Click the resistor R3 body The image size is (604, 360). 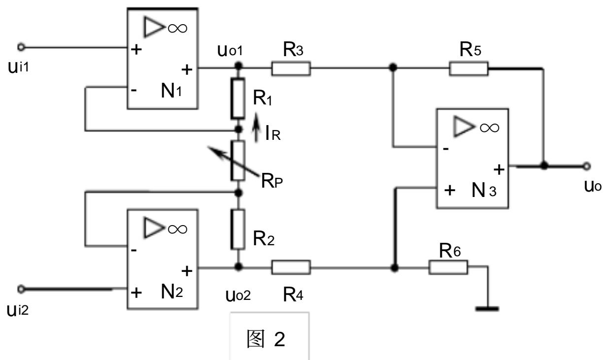pos(291,68)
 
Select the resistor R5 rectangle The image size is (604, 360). pos(469,68)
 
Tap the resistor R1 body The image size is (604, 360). pos(238,98)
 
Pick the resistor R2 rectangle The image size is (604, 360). pos(238,229)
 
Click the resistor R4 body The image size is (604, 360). pos(291,267)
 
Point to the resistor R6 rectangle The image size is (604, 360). pos(448,267)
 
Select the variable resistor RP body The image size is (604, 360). pos(238,161)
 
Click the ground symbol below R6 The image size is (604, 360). pos(487,309)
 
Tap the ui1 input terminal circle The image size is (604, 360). pos(21,47)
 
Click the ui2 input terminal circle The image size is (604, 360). pos(21,289)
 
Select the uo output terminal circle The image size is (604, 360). pos(587,166)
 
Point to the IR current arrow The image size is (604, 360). pos(256,128)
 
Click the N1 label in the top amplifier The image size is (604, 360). pos(171,91)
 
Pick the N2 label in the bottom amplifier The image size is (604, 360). pos(172,292)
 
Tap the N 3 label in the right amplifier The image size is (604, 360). pos(484,190)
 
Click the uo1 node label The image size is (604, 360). pos(230,50)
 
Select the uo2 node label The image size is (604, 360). pos(238,295)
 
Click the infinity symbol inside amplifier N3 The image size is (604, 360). pos(489,128)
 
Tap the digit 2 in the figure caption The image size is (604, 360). pos(280,339)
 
